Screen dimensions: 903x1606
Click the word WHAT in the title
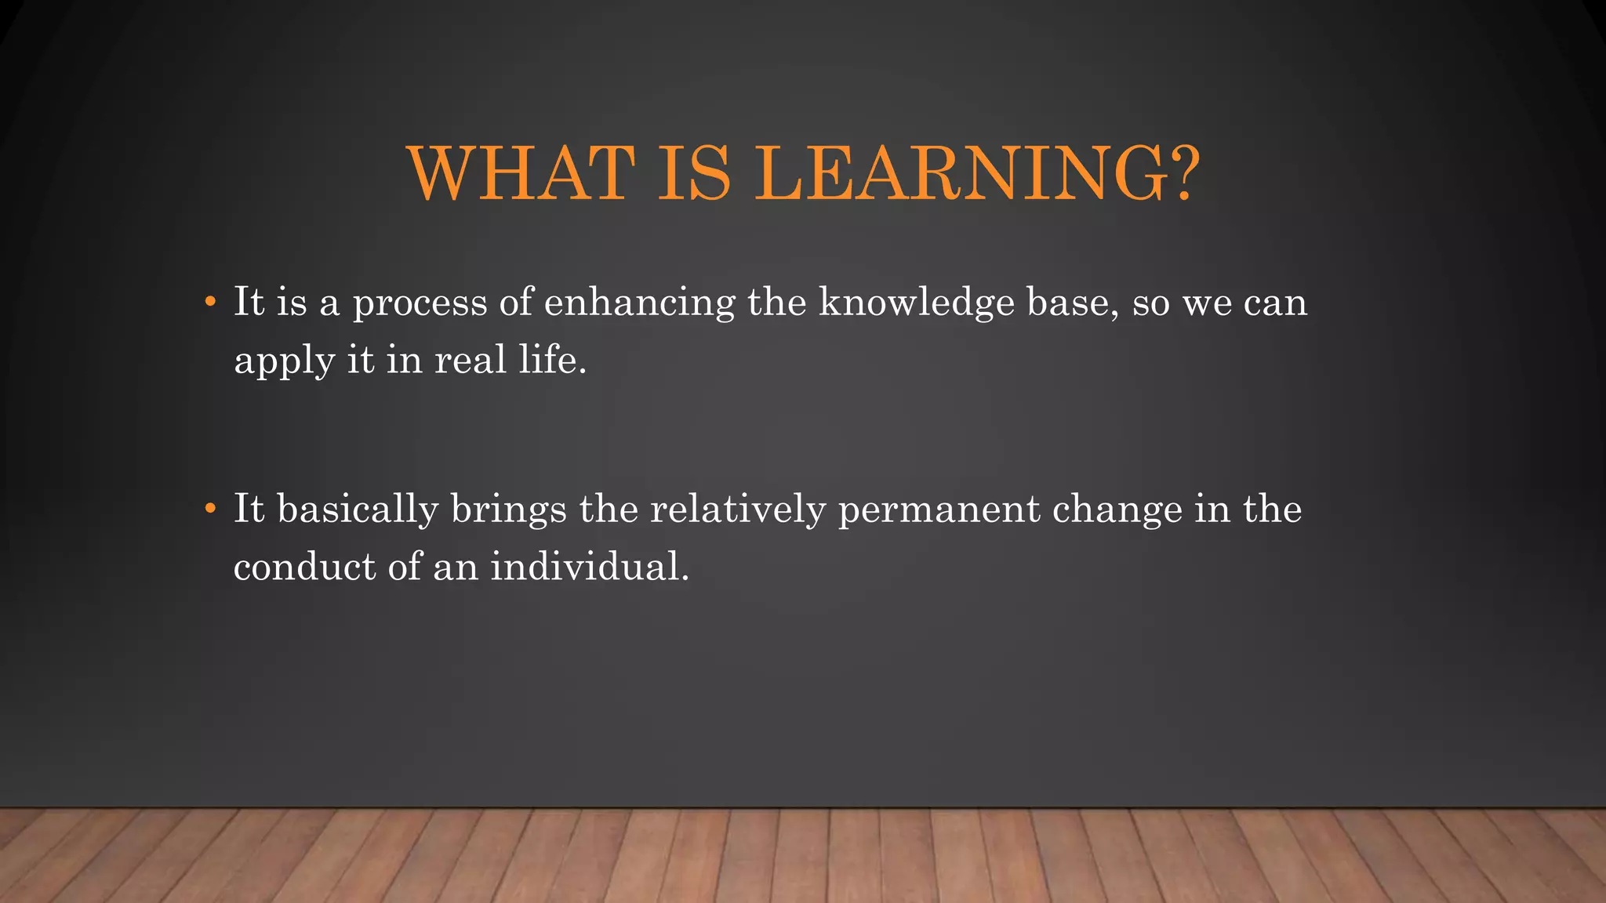pyautogui.click(x=521, y=173)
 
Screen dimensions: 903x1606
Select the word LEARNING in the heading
pyautogui.click(x=961, y=173)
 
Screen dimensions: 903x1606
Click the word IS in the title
pyautogui.click(x=694, y=173)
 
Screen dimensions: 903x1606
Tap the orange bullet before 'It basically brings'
pyautogui.click(x=209, y=509)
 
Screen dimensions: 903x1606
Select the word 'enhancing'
pyautogui.click(x=640, y=304)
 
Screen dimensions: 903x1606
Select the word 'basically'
pyautogui.click(x=358, y=510)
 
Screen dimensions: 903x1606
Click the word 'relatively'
pyautogui.click(x=738, y=510)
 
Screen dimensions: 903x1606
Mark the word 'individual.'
pyautogui.click(x=590, y=567)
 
